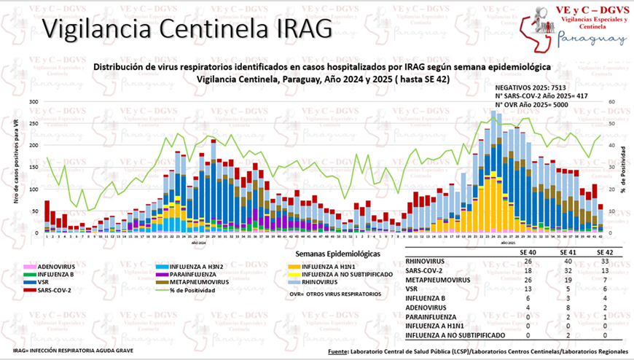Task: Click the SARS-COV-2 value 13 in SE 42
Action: (x=605, y=270)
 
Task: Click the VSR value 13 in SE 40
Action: (x=526, y=289)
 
